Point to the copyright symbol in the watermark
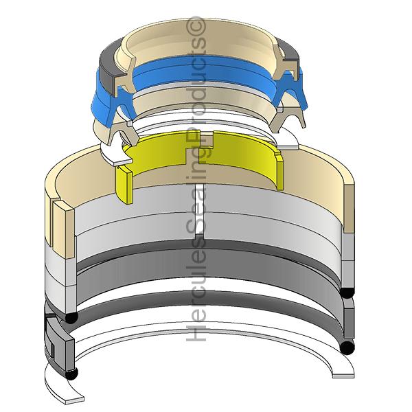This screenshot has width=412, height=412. pos(196,25)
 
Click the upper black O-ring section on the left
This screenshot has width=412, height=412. pos(71,318)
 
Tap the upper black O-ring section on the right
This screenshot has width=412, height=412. pos(347,293)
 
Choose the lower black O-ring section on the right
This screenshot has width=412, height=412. pos(347,347)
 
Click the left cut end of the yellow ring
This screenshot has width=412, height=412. pos(124,185)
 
